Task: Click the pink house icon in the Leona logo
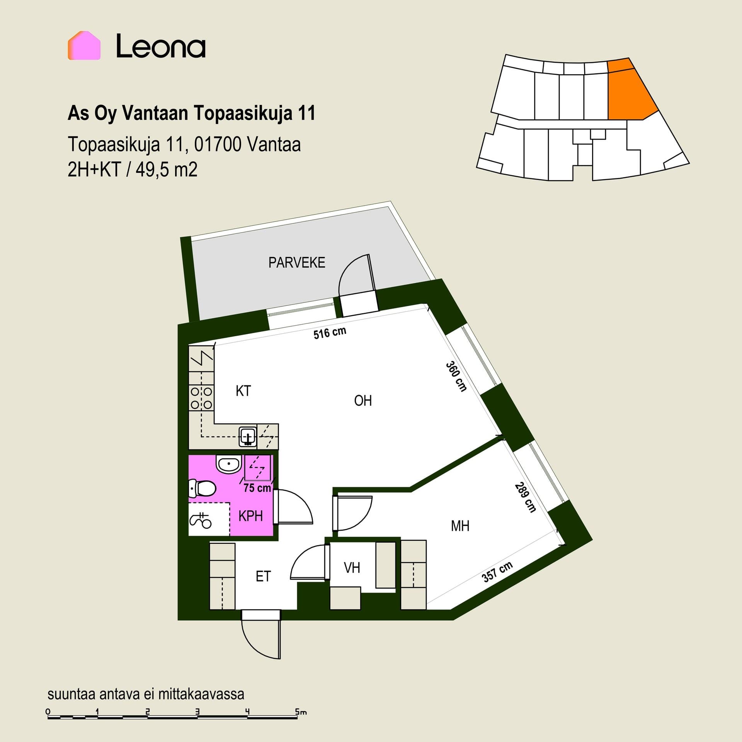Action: (x=84, y=46)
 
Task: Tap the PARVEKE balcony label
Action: (x=297, y=263)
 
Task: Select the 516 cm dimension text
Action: (x=330, y=333)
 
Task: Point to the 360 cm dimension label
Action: (x=456, y=376)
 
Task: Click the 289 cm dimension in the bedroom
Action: (x=525, y=498)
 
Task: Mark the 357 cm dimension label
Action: (x=497, y=572)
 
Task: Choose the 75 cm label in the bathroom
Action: (x=257, y=488)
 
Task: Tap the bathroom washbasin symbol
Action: (x=229, y=463)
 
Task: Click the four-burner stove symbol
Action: (x=201, y=398)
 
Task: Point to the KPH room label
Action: (x=250, y=516)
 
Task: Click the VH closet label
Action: (x=352, y=568)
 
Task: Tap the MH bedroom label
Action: (x=460, y=526)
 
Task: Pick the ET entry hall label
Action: (x=263, y=577)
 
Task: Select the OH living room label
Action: (x=363, y=401)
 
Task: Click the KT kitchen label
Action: (x=243, y=391)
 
